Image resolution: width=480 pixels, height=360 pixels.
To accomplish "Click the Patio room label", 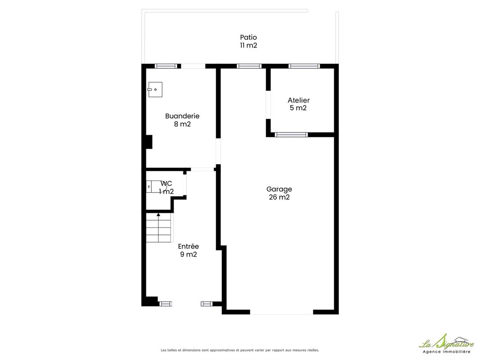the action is click(248, 37).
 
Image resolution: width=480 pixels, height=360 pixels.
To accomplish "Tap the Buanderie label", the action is click(182, 116).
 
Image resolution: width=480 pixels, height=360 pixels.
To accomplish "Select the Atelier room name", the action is click(299, 100).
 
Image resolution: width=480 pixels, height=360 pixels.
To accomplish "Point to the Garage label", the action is click(279, 189).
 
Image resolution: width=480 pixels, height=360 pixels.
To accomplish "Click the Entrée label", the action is click(188, 246).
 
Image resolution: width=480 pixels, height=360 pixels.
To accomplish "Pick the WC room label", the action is click(166, 184).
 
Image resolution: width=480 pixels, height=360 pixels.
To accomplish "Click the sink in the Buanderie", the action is click(155, 89).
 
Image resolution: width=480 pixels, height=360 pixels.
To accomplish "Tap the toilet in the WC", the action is click(156, 186).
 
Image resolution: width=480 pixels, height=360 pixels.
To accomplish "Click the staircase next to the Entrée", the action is click(158, 228).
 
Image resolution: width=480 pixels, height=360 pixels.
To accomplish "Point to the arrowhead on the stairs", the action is click(158, 215).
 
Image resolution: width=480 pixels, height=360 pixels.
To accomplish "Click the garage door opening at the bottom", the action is click(281, 312).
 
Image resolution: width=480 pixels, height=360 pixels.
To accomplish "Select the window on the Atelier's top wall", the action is click(304, 66).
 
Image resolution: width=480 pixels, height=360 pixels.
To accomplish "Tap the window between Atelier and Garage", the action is click(291, 135).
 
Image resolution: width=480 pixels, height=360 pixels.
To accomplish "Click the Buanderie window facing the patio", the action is click(166, 66).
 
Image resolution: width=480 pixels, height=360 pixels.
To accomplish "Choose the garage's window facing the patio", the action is click(249, 66).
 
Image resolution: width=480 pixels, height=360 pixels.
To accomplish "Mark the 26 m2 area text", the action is click(279, 197).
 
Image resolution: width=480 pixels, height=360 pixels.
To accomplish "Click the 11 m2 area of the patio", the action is click(248, 45).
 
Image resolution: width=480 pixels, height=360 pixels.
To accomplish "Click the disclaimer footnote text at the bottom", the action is click(240, 350).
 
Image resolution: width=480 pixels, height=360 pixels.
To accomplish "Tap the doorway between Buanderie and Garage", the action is click(218, 151).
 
